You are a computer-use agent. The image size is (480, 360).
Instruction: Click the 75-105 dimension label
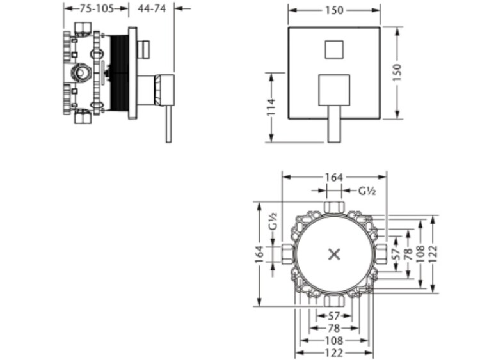click(x=97, y=8)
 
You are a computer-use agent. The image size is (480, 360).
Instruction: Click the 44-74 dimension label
click(x=152, y=8)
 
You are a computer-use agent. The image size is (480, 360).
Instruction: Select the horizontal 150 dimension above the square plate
click(x=334, y=10)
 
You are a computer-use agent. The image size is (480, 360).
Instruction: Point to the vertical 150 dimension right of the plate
click(x=397, y=72)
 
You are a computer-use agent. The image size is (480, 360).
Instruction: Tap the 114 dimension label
click(x=271, y=107)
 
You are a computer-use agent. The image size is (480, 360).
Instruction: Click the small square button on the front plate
click(x=334, y=49)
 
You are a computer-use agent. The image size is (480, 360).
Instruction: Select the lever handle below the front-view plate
click(x=334, y=124)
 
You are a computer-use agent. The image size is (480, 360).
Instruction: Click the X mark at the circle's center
click(x=334, y=254)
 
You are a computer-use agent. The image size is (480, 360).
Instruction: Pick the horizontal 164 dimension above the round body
click(x=334, y=177)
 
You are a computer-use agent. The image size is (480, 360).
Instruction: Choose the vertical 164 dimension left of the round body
click(x=259, y=254)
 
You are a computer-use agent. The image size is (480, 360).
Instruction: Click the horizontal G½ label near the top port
click(x=367, y=191)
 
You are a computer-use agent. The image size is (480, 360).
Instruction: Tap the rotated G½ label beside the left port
click(x=273, y=221)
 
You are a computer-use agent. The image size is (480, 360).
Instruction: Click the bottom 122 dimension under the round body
click(x=334, y=353)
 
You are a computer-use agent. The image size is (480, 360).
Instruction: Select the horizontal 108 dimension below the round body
click(x=334, y=340)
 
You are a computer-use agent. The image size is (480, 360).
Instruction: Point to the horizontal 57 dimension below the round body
click(x=334, y=316)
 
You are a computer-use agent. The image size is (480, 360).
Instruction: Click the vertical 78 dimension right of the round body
click(x=409, y=254)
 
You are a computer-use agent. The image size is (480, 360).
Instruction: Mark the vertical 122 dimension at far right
click(x=433, y=254)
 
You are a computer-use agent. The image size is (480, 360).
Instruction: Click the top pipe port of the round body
click(x=334, y=207)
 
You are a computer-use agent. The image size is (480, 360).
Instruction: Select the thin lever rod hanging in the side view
click(x=169, y=124)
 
